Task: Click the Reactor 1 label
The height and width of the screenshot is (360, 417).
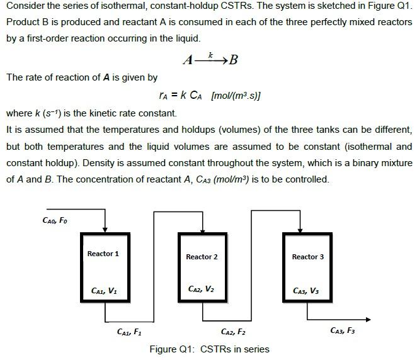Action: click(x=103, y=254)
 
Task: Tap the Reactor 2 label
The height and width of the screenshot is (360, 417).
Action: click(x=202, y=257)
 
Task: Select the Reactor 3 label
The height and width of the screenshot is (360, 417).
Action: click(x=308, y=257)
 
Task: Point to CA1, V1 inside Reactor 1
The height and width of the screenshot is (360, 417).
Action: click(x=103, y=290)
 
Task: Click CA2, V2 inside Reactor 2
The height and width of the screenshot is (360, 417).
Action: click(x=202, y=289)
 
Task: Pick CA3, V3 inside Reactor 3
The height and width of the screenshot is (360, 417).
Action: click(x=306, y=290)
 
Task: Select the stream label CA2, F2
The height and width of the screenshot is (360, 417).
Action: click(x=233, y=331)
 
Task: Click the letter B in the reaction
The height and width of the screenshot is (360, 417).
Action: click(x=234, y=60)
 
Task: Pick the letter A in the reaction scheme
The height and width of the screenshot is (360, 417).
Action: click(x=187, y=60)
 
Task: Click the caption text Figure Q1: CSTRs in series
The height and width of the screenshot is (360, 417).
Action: click(x=209, y=349)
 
